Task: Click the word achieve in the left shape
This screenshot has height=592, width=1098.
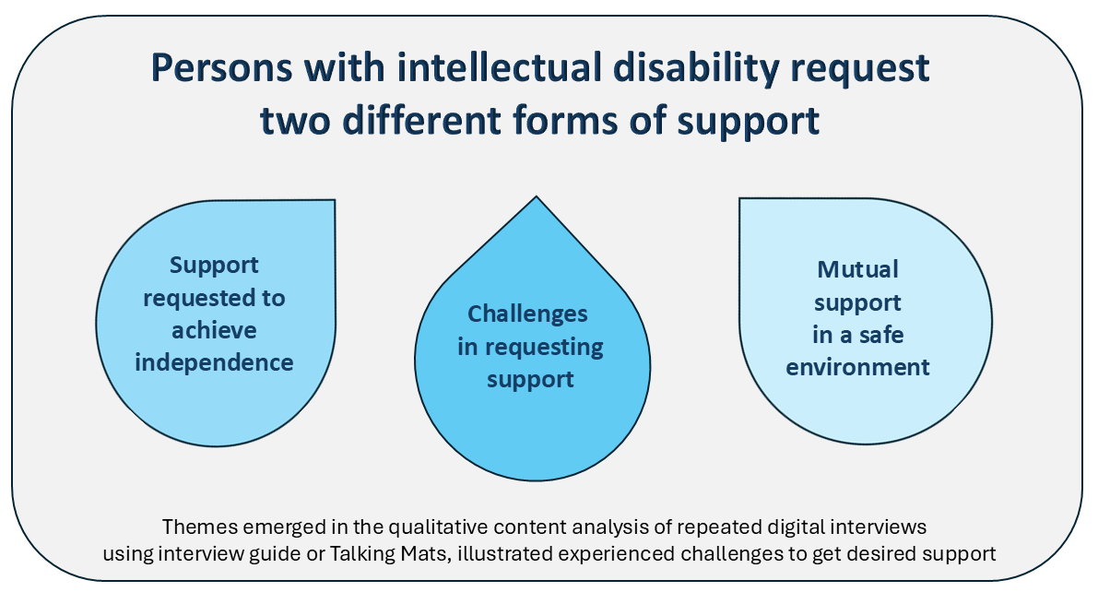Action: coord(213,330)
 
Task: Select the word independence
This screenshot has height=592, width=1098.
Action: coord(214,362)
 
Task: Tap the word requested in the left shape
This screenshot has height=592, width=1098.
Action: coord(214,298)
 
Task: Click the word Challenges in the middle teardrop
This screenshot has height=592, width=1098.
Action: coord(527,314)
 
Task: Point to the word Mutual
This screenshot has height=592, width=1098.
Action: coord(857,270)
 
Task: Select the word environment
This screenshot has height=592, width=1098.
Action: coord(858,366)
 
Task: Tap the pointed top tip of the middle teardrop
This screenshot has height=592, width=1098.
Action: coord(536,196)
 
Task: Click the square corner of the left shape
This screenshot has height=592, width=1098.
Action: coord(333,201)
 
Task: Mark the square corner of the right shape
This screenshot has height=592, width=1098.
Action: coord(741,199)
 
